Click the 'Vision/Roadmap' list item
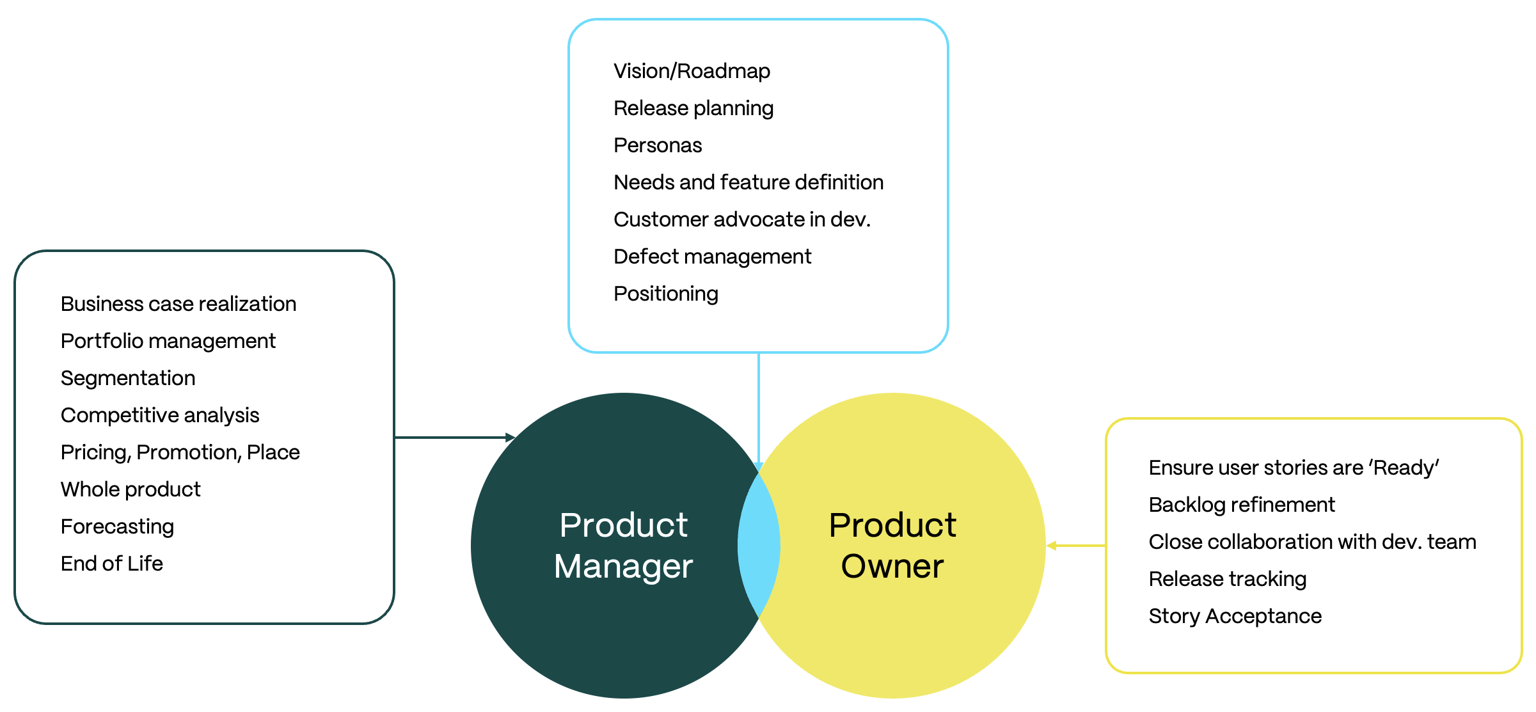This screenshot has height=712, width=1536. click(692, 71)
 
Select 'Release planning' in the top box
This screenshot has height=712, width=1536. click(693, 108)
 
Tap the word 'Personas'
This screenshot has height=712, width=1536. click(658, 145)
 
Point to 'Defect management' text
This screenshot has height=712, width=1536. click(712, 257)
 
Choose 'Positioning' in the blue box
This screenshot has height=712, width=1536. click(665, 294)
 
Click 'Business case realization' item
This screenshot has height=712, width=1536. click(178, 304)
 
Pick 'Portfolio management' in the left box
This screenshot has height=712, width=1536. click(168, 341)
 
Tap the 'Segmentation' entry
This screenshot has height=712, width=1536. click(128, 378)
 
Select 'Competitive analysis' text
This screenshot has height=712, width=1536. click(160, 415)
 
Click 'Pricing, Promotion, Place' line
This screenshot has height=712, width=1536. click(180, 452)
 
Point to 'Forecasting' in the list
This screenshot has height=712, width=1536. click(117, 526)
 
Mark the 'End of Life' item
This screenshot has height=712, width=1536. click(112, 564)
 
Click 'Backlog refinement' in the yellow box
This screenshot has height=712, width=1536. click(1242, 505)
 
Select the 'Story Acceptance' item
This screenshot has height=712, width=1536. click(1235, 616)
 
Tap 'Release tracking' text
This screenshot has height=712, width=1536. click(1227, 579)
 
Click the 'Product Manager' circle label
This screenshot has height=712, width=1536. click(624, 546)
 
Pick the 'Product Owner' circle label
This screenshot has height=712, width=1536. click(892, 546)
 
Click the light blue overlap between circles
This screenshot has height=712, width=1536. click(759, 546)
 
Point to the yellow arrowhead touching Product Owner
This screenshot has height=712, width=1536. click(1051, 546)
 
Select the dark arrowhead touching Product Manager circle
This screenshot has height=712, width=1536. click(510, 438)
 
